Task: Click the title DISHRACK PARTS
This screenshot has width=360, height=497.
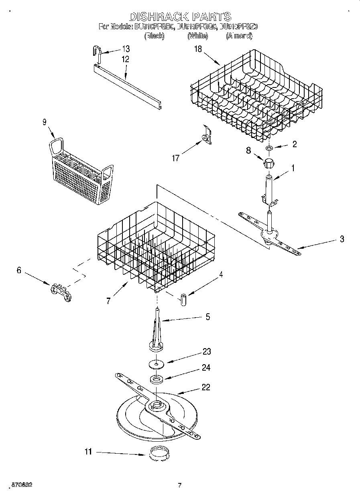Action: pos(180,16)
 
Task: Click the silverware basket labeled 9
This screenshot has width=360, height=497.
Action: pos(80,170)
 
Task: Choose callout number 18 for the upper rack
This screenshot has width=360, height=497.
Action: pos(198,49)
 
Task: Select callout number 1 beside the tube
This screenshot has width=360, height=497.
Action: pos(292,168)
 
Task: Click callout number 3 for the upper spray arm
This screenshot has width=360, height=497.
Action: pos(342,239)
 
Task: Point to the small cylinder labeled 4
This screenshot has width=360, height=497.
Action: pos(183,300)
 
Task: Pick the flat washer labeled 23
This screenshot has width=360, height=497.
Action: pos(156,364)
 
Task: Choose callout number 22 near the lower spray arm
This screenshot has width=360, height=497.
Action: pos(205,387)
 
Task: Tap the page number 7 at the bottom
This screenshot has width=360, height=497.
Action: pos(179,485)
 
